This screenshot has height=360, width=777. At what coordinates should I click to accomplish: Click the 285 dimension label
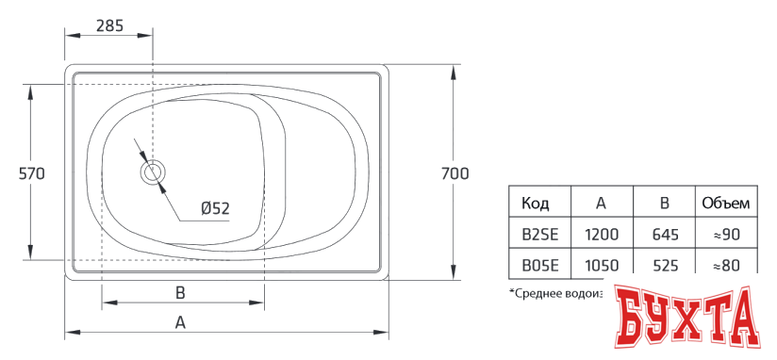point(109,25)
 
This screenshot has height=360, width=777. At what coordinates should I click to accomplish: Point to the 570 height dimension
point(31,173)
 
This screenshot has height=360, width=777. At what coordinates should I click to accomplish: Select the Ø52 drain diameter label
point(214,208)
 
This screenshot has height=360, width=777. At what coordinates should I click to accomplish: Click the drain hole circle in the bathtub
point(152,172)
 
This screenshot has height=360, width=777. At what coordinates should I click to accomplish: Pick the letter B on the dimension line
point(180,292)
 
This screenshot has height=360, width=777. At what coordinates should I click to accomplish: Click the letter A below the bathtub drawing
point(180,322)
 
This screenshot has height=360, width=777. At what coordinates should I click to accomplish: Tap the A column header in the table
point(601,203)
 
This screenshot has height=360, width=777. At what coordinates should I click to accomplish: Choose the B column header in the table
point(664,203)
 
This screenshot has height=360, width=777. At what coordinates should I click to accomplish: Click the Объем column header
point(725,203)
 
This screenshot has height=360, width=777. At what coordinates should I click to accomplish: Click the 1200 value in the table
point(601,234)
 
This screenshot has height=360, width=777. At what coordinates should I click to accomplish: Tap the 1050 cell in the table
point(601,266)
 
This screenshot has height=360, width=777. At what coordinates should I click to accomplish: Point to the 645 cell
point(664,234)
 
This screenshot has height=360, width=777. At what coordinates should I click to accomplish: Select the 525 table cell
point(664,266)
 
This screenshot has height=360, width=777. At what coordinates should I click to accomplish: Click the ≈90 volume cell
point(725,234)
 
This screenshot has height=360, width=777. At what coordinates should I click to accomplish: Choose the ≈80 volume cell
point(725,266)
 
